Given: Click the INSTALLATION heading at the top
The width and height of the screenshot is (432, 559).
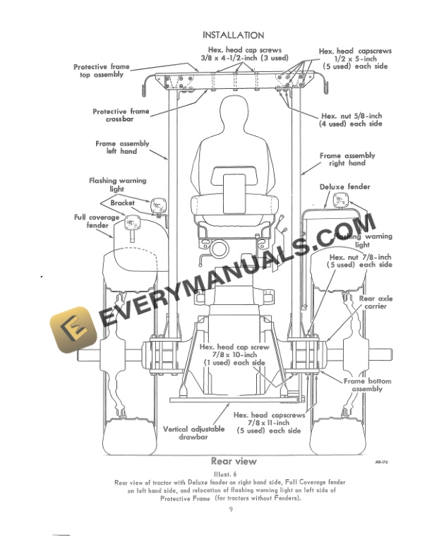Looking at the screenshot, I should [x=234, y=35].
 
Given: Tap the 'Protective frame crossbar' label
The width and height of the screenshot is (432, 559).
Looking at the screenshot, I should [x=121, y=115].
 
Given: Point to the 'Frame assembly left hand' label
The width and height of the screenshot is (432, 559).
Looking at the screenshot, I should [x=122, y=147].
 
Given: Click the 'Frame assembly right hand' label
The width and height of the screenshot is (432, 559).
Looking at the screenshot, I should [x=347, y=159].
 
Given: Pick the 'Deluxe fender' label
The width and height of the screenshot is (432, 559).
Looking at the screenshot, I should [x=344, y=187].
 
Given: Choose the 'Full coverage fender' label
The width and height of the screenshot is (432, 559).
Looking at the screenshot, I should [x=97, y=221].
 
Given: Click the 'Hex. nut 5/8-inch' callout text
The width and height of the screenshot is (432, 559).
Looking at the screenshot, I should [x=351, y=119].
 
